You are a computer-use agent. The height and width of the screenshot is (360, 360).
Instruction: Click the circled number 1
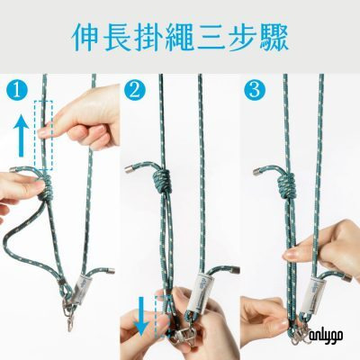click(17, 91)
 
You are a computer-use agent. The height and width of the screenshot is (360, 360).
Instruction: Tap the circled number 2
click(135, 91)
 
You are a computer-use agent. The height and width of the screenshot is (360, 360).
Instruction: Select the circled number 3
click(255, 90)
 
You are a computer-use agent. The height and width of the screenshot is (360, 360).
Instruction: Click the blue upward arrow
click(21, 136)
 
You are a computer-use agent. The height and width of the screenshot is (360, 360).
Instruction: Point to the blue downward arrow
click(140, 315)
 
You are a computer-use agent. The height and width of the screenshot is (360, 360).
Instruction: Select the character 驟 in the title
click(274, 37)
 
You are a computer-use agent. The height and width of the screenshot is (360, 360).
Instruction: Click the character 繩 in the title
click(183, 37)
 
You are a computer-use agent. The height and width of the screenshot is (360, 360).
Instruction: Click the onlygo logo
click(324, 335)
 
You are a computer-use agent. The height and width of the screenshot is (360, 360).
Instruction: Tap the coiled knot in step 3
click(286, 184)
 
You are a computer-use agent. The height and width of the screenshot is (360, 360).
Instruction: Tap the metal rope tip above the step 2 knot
click(130, 169)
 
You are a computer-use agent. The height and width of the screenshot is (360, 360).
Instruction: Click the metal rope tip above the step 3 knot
click(258, 172)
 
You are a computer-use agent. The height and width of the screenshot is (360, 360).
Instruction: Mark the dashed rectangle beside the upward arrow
click(43, 135)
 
